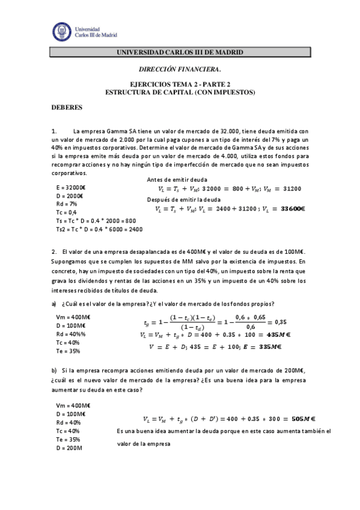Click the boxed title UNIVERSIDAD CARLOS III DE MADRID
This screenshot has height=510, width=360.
[180, 53]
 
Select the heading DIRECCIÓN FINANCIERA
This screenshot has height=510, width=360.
[180, 70]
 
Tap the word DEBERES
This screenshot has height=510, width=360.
[63, 108]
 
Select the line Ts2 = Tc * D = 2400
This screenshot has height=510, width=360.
[99, 229]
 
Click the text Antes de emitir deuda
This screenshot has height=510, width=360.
[177, 179]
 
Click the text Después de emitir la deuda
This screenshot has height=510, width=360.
[184, 199]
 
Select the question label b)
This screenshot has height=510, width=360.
[54, 371]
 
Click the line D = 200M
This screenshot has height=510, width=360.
[69, 448]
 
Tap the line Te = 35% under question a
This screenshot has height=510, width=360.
[67, 351]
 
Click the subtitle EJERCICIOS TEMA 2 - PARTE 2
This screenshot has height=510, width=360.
[180, 85]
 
